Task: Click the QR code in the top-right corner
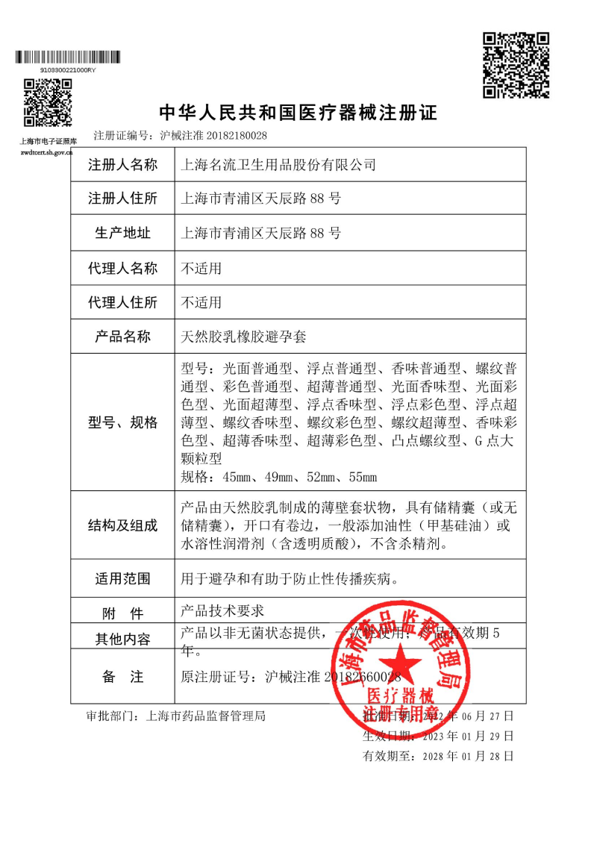coord(516,65)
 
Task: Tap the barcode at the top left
coord(68,57)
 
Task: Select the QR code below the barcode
coord(47,101)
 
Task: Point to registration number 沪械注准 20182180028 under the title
coord(213,136)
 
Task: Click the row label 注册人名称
coord(123,165)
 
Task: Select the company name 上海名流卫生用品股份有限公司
coord(278,165)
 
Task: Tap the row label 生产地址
coord(123,234)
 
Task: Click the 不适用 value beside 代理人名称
coord(201,268)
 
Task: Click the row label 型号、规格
coord(123,422)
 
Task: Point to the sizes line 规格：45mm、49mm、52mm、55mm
coord(279,476)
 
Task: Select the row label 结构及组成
coord(123,525)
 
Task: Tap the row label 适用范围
coord(123,578)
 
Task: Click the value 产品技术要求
coord(223,610)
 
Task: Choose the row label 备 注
coord(123,677)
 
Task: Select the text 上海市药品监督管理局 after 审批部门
coord(207,716)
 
